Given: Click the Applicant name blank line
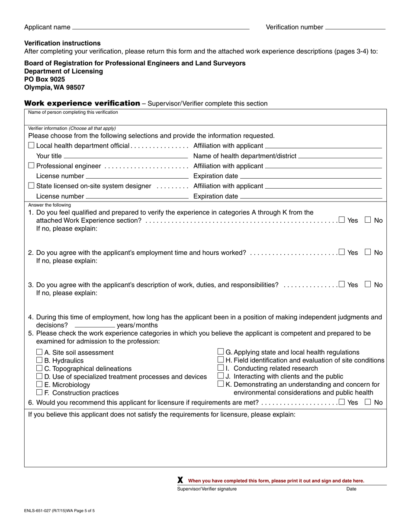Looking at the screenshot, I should click(x=161, y=28).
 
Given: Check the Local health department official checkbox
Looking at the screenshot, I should click(x=31, y=146).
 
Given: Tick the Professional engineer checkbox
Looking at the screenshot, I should click(x=31, y=166).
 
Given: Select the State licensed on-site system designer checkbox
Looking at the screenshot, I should click(x=31, y=186).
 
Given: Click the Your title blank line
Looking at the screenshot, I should click(x=125, y=156).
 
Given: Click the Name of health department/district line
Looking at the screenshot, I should click(x=340, y=156).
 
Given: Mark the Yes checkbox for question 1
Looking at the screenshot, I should click(x=342, y=220).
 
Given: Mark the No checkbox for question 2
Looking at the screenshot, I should click(x=368, y=252).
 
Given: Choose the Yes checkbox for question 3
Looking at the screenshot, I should click(x=342, y=285).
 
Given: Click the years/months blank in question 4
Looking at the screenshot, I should click(x=95, y=325).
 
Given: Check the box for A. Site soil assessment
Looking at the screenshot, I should click(x=39, y=353).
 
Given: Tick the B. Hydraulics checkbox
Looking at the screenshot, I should click(x=39, y=360).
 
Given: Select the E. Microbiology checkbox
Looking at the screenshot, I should click(x=39, y=385).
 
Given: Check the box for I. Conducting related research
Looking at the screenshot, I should click(x=220, y=368).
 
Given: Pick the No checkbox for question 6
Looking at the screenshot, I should click(x=368, y=402).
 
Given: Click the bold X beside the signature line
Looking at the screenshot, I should click(x=180, y=480).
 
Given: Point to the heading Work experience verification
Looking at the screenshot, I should click(x=82, y=103).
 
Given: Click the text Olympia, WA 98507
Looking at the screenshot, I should click(x=55, y=87).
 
